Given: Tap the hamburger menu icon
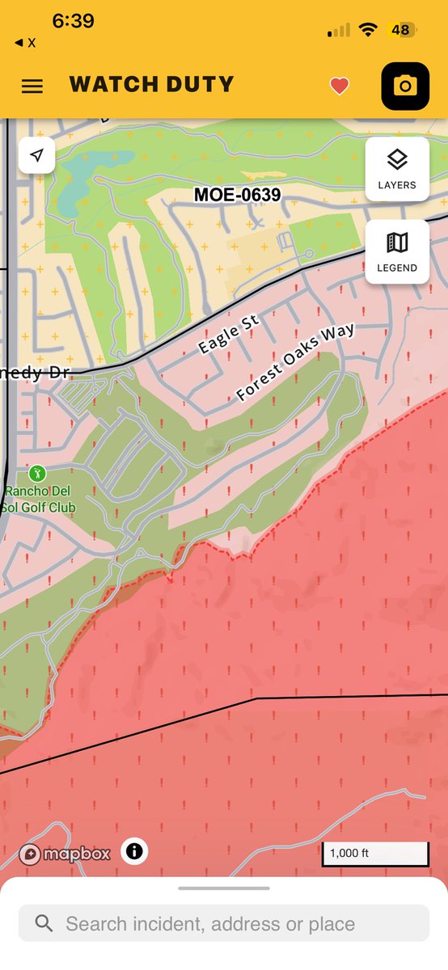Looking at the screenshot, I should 32,86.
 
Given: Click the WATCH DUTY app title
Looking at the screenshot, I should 151,84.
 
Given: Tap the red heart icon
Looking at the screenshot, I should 340,86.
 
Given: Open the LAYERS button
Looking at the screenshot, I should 397,168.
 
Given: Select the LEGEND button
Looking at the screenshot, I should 397,251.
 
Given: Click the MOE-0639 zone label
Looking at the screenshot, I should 238,195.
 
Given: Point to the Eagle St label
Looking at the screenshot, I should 229,334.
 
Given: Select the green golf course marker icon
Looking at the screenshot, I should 36,472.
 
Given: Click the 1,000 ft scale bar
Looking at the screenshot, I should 375,854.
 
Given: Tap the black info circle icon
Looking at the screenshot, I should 134,851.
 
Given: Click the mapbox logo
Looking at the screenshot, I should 65,854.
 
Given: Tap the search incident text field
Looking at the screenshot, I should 224,923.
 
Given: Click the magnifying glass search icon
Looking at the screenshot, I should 44,923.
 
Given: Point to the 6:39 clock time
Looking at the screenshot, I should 74,22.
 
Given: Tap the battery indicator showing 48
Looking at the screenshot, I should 401,30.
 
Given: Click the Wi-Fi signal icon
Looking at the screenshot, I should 369,30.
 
